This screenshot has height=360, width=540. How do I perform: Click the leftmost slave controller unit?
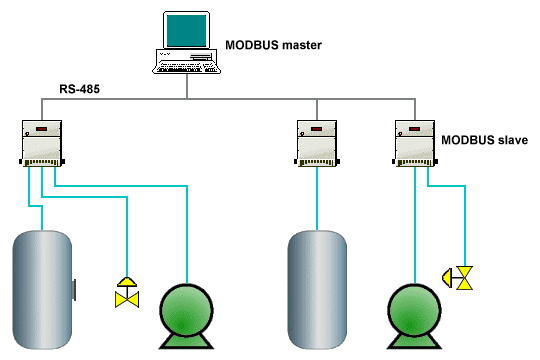[41, 143]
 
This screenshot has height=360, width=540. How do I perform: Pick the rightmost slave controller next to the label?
[412, 143]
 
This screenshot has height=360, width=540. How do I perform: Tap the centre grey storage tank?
[317, 290]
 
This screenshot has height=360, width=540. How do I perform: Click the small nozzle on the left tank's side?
[75, 290]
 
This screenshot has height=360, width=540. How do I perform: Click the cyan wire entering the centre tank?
[317, 200]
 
